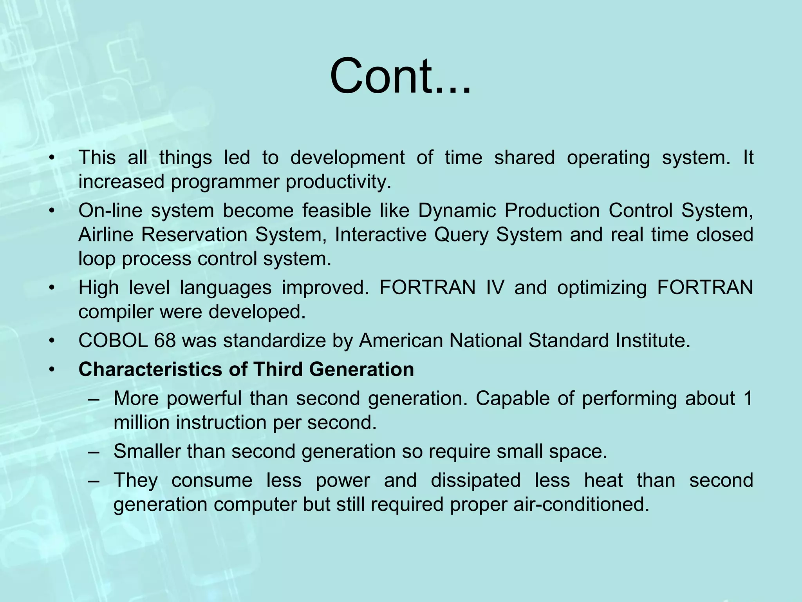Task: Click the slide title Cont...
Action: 399,76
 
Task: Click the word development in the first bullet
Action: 347,158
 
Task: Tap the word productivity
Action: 338,182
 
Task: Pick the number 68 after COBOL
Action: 164,341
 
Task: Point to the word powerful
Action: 204,399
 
